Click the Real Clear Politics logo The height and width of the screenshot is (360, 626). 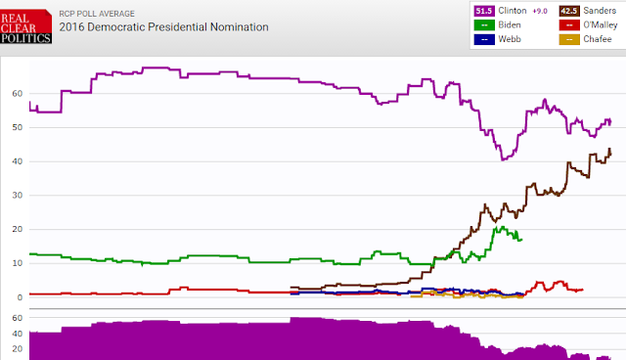click(x=25, y=26)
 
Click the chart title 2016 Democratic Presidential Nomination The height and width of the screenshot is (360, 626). click(x=163, y=27)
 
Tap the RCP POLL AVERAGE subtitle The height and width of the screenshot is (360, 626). click(x=97, y=14)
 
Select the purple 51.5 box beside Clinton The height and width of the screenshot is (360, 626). click(x=484, y=11)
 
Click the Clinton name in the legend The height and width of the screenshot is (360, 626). click(x=513, y=11)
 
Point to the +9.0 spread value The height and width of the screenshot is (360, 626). click(x=540, y=11)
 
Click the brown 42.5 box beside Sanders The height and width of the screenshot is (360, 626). click(x=569, y=11)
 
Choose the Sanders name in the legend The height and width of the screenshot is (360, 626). click(x=600, y=11)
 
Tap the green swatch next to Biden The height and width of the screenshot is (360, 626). click(x=484, y=25)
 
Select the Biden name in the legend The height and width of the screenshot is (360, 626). click(x=510, y=25)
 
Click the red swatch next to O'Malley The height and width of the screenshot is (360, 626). click(x=569, y=25)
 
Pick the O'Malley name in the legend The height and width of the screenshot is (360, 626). click(x=601, y=25)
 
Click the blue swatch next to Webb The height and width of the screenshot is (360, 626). click(x=484, y=39)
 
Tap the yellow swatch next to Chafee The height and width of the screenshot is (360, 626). click(x=569, y=39)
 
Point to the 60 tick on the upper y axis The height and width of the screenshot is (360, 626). click(x=18, y=93)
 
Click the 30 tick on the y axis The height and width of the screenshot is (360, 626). click(x=18, y=196)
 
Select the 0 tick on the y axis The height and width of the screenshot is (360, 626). click(x=20, y=297)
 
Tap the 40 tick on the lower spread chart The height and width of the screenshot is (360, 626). click(x=18, y=334)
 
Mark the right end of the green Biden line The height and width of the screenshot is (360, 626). click(x=521, y=240)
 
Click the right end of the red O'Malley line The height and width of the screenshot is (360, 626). click(x=583, y=290)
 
